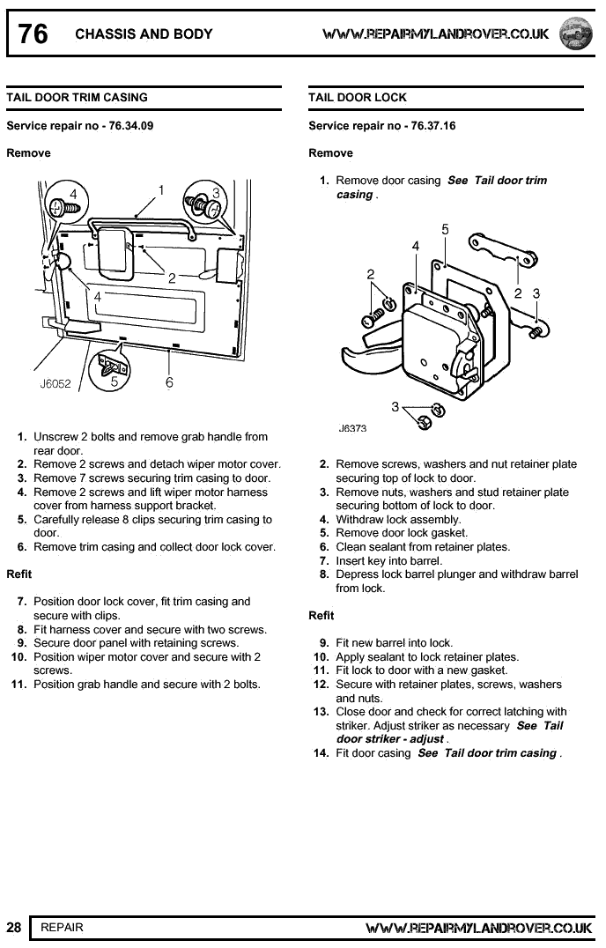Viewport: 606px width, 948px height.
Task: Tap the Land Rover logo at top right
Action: [x=577, y=33]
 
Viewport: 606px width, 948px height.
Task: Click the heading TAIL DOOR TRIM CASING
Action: [x=77, y=97]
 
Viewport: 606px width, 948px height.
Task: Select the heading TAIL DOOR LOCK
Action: [x=358, y=97]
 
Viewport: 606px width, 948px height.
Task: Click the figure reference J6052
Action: [x=55, y=383]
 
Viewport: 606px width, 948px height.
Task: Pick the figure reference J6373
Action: [x=352, y=428]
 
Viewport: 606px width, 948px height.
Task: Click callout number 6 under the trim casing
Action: [x=169, y=382]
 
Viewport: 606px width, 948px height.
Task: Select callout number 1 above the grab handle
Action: [x=161, y=189]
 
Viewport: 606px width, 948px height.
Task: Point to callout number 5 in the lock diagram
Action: [x=445, y=229]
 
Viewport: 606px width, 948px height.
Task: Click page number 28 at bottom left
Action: [x=14, y=927]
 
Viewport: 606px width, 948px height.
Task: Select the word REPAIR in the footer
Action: [x=62, y=927]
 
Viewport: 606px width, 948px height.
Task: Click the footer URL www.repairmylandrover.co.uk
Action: [x=478, y=928]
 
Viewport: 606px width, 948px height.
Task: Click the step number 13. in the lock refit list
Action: [x=321, y=712]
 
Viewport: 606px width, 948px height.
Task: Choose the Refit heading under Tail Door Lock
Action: [x=321, y=615]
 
